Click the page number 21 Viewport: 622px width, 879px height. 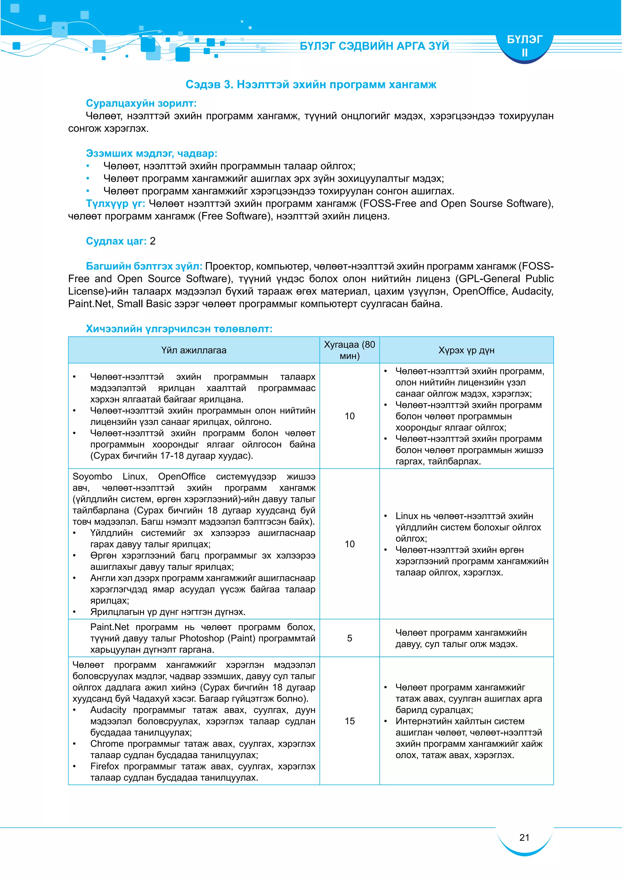pyautogui.click(x=524, y=837)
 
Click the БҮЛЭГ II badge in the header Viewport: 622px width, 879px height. pyautogui.click(x=524, y=46)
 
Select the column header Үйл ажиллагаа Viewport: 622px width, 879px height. pyautogui.click(x=193, y=350)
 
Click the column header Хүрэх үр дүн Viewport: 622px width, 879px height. pyautogui.click(x=466, y=350)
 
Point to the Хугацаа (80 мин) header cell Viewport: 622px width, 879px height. pyautogui.click(x=349, y=350)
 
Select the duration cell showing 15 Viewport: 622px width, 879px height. pyautogui.click(x=349, y=721)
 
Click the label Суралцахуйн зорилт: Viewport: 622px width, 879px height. pyautogui.click(x=141, y=104)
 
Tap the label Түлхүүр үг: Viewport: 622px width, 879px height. pyautogui.click(x=115, y=203)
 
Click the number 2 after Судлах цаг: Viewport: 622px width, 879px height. pyautogui.click(x=152, y=241)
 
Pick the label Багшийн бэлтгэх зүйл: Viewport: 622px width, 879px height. pyautogui.click(x=144, y=266)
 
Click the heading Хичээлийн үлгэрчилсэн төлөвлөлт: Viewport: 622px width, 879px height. pyautogui.click(x=179, y=328)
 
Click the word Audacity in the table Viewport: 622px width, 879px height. pyautogui.click(x=108, y=710)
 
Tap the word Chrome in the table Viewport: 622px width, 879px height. pyautogui.click(x=107, y=743)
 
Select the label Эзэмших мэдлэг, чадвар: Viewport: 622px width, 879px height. pyautogui.click(x=151, y=154)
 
